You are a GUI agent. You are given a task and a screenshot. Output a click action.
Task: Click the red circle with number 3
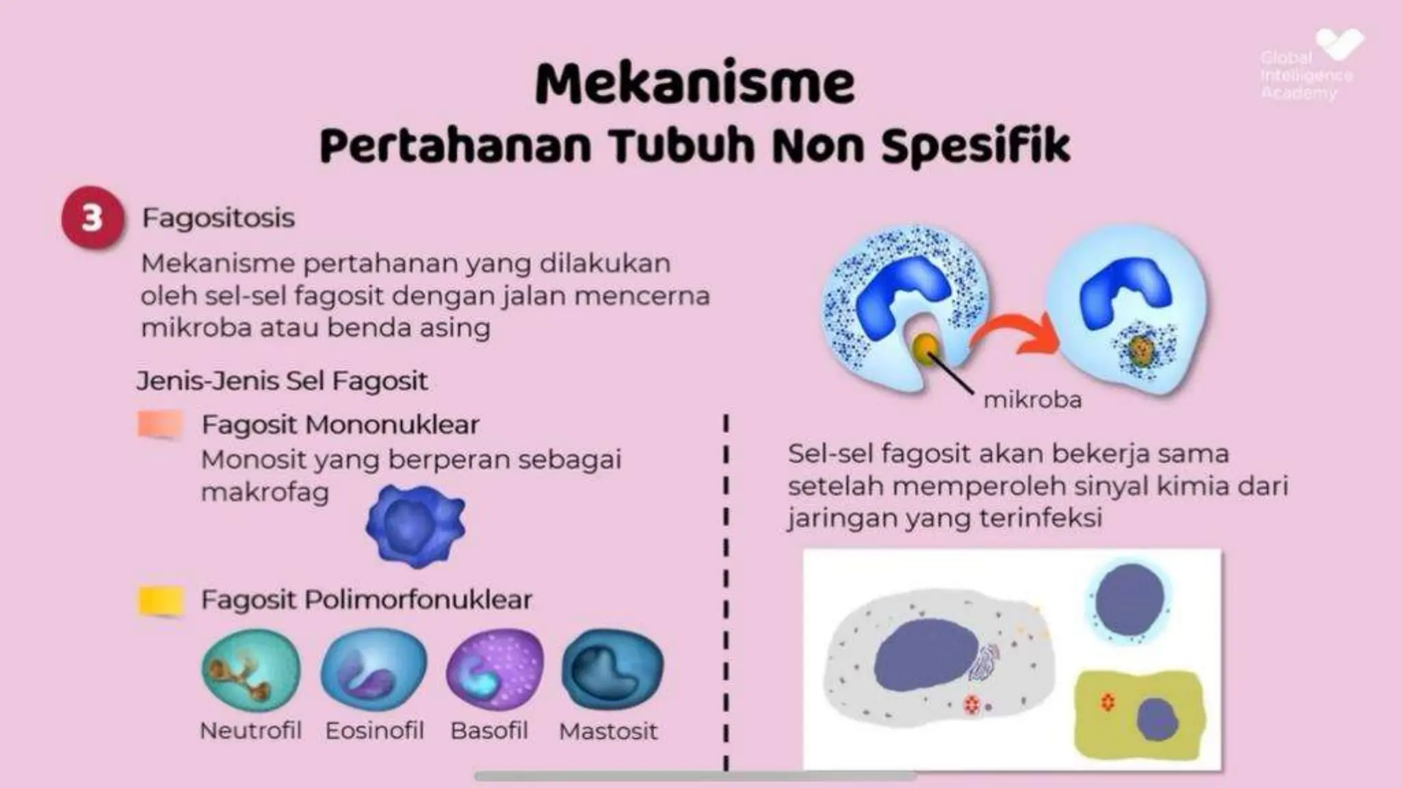93,218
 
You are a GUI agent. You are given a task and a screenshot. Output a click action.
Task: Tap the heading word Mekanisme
694,83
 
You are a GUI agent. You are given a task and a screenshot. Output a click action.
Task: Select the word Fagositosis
218,218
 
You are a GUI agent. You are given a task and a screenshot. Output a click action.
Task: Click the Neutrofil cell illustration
251,670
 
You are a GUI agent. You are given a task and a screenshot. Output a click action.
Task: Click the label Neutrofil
250,731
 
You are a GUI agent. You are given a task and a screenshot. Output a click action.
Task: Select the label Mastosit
608,731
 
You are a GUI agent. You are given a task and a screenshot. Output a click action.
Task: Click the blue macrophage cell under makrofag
415,525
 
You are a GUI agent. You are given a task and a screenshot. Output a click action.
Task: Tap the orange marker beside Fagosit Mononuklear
160,424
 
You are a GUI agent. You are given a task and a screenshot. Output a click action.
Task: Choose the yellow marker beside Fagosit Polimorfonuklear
161,600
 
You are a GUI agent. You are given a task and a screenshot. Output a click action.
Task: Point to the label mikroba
1032,399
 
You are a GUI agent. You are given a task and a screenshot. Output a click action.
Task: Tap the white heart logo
1339,44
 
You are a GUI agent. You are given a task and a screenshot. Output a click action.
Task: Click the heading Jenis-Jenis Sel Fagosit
282,380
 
